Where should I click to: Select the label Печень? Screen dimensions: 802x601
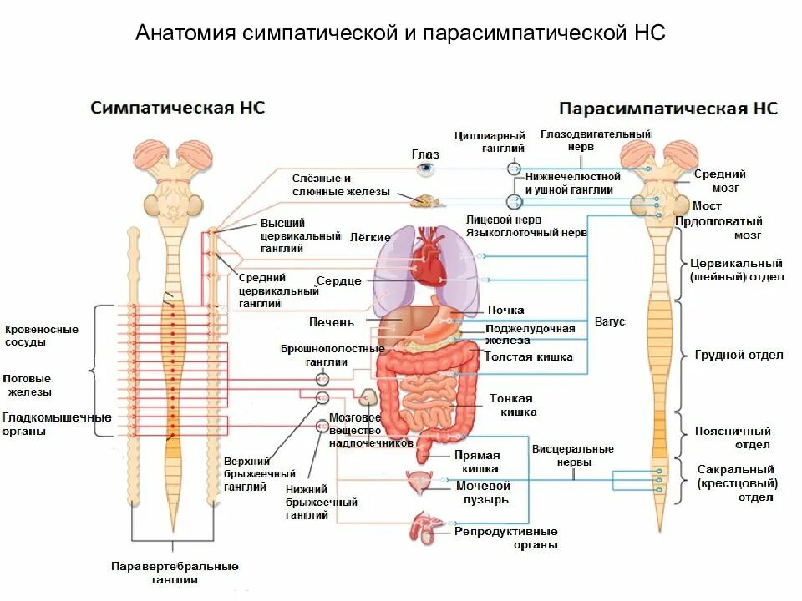(331, 321)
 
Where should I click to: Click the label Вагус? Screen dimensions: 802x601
(609, 321)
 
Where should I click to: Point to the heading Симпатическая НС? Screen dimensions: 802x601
(178, 108)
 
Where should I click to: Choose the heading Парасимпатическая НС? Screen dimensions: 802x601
(667, 109)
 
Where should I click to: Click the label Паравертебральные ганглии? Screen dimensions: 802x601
(175, 573)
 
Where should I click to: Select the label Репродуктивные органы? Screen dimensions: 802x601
(506, 538)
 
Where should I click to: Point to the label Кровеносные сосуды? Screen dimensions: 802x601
(42, 336)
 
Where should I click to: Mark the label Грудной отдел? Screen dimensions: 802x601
(739, 355)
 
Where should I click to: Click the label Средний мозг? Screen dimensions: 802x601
(719, 181)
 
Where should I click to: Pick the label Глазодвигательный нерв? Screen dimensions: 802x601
(595, 139)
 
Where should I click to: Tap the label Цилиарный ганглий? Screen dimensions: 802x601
(490, 142)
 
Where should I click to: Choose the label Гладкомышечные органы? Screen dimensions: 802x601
(56, 424)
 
